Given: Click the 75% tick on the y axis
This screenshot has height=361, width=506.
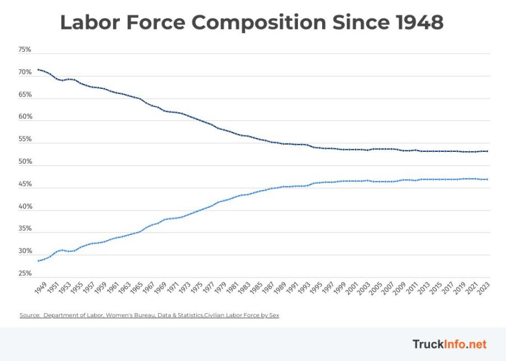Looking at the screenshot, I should pos(25,50).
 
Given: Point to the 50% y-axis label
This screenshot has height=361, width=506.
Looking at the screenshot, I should pos(25,162).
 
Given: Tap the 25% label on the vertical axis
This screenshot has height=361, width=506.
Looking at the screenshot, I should pos(25,273).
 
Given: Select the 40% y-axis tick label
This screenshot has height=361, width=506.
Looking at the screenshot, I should pos(25,207).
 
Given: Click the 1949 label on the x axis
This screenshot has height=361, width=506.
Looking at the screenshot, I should pos(41,288).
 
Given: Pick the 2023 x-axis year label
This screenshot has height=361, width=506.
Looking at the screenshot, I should pos(484,288).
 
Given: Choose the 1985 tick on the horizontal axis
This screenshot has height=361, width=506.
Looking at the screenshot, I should pos(257,288).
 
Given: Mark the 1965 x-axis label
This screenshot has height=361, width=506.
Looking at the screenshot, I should pos(137,288).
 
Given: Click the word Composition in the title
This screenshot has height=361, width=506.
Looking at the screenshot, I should pos(259,23).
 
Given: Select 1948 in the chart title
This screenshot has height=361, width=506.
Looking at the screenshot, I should pos(419,23).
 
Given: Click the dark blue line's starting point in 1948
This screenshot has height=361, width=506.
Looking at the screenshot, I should pos(38,69).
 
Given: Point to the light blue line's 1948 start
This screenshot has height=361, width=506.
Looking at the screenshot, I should pos(38,261).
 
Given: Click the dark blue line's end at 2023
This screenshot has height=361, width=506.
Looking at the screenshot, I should pos(487,151).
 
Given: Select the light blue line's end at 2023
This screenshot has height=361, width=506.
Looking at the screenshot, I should pos(487,179).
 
